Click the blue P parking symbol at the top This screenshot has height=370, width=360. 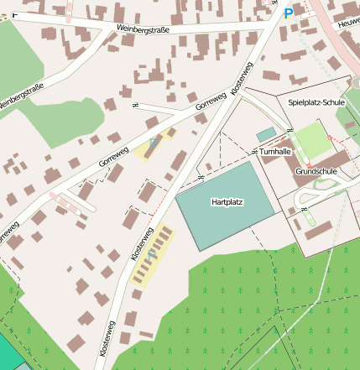(x=289, y=13)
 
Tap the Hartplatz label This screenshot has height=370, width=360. (x=227, y=203)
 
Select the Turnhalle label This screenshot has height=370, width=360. (x=275, y=152)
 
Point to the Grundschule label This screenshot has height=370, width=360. (x=316, y=171)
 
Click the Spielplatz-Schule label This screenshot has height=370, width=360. (x=316, y=102)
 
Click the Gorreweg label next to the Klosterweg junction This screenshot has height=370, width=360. (x=211, y=102)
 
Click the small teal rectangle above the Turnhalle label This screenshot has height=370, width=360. (x=265, y=134)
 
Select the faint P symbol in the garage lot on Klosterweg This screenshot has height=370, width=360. (x=151, y=252)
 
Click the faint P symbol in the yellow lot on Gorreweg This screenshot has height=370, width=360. (x=152, y=143)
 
